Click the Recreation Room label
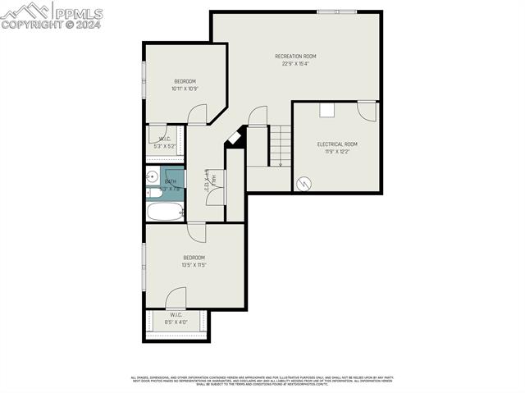click(295, 56)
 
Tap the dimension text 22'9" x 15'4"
click(295, 64)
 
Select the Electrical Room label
click(337, 144)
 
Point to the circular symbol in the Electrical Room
click(304, 184)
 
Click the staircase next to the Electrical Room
click(280, 145)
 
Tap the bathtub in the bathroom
click(164, 212)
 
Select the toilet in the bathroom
click(153, 194)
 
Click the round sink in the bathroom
click(153, 176)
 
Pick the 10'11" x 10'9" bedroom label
click(185, 80)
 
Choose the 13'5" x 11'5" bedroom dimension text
click(194, 265)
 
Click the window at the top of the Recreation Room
click(337, 11)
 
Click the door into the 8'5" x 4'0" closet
click(176, 298)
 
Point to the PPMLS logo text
click(79, 11)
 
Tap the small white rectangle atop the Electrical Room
click(326, 109)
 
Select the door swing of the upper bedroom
click(197, 115)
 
